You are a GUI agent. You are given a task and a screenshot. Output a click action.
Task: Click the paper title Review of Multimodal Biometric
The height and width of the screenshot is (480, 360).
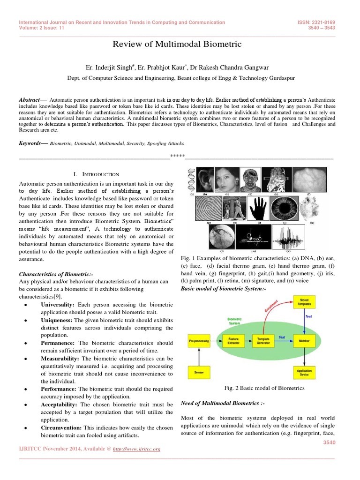(x=177, y=45)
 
